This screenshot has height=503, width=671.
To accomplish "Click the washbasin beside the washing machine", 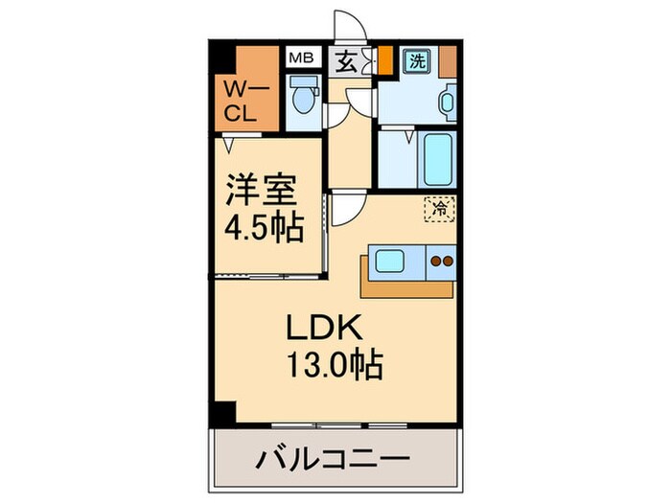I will click(448, 102).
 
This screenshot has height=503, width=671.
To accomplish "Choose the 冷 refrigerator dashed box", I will click(440, 207).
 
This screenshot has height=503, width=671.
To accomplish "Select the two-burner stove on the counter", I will click(441, 262).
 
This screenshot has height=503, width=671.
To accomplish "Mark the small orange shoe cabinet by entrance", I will click(384, 60).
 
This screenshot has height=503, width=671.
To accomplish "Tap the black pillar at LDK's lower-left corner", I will click(221, 413).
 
